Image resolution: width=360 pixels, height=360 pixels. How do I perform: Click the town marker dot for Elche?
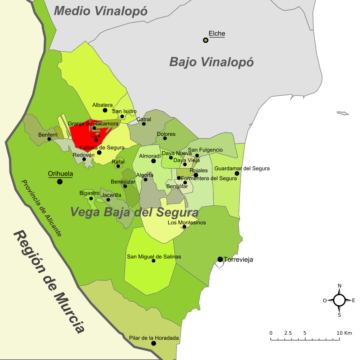point(206,40)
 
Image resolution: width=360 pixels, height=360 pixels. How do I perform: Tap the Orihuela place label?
point(60,174)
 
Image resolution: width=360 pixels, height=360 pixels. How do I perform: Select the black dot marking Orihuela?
point(60,181)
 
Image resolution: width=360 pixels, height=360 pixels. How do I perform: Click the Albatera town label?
point(102,105)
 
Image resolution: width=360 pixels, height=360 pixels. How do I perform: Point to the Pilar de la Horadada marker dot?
point(153,343)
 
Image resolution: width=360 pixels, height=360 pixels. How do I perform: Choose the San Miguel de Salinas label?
point(154,257)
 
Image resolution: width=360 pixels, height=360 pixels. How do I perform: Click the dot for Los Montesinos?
point(184,227)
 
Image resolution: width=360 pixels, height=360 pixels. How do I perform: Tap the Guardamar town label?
point(228,168)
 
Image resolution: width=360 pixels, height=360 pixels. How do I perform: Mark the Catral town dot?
point(144,124)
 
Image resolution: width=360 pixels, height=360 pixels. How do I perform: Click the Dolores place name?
point(166,134)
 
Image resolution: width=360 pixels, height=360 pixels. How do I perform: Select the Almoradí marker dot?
point(153,161)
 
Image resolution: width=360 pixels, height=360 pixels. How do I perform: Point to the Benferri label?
point(48,135)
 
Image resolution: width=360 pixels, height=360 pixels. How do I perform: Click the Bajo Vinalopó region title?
point(211,62)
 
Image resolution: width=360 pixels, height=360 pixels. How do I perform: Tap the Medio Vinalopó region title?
point(101,11)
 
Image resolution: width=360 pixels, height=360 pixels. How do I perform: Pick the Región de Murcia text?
point(49,281)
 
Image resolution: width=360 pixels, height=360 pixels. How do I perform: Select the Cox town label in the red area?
point(95,135)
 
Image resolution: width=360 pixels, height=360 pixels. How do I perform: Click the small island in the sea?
point(343,113)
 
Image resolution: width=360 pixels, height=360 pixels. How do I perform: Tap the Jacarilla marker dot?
point(108,200)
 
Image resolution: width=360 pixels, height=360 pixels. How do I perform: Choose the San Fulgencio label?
point(205,150)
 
